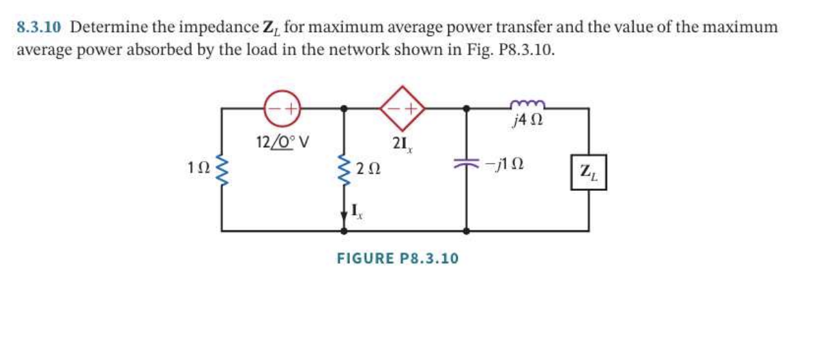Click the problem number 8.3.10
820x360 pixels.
coord(38,27)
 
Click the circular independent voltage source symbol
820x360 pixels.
coord(281,108)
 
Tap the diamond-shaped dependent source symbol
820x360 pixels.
coord(402,107)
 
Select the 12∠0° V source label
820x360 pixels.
coord(282,141)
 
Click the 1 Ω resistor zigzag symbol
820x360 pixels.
coord(220,169)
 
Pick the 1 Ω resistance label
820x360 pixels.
coord(198,166)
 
